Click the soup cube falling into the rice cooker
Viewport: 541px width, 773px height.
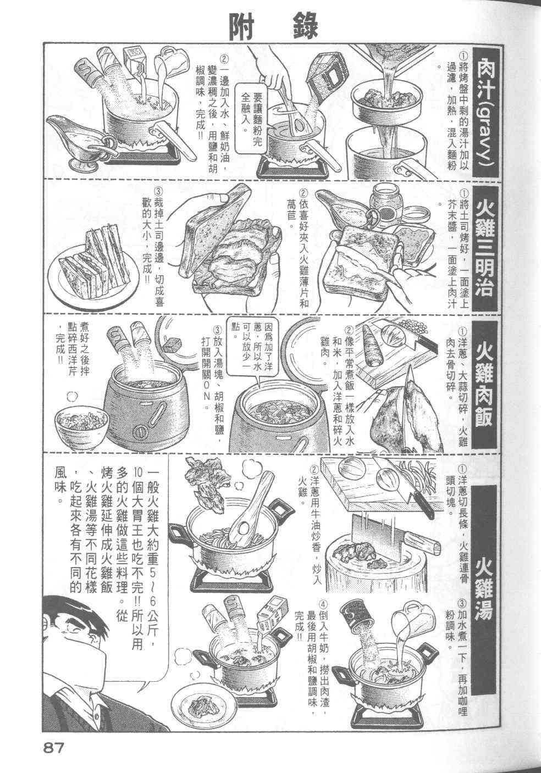pyautogui.click(x=173, y=344)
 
